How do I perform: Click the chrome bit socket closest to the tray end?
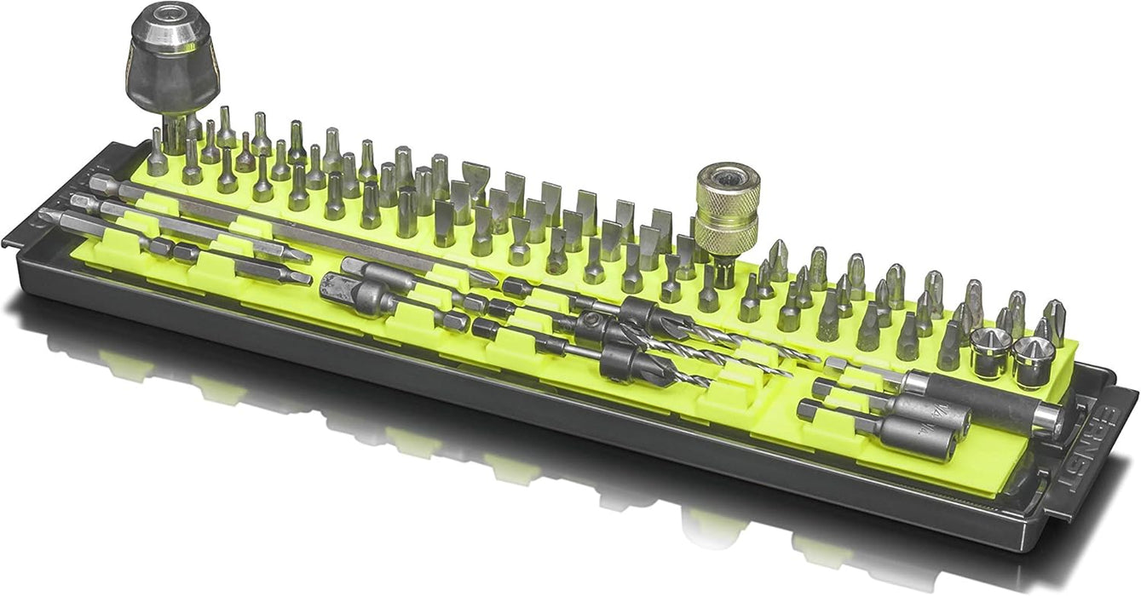pyautogui.click(x=1030, y=352)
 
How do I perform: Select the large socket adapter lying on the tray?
pyautogui.click(x=348, y=292)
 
